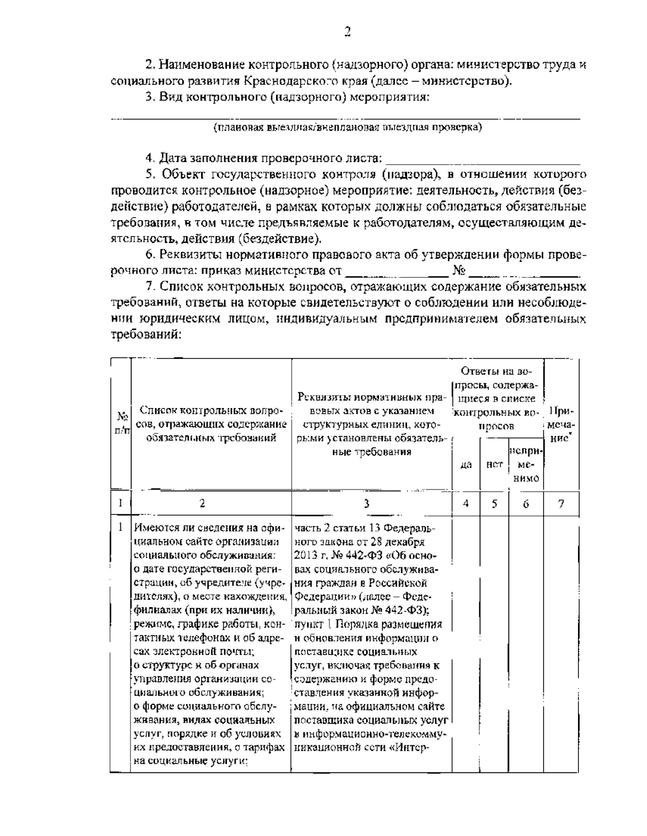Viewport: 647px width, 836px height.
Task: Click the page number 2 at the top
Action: click(347, 31)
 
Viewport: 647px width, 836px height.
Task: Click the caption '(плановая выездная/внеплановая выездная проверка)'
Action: click(347, 127)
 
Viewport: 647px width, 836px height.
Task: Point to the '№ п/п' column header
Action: click(122, 423)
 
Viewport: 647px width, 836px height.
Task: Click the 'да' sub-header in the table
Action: click(466, 464)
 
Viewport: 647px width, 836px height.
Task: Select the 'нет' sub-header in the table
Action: click(494, 464)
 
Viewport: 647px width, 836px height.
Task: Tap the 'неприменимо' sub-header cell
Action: click(526, 464)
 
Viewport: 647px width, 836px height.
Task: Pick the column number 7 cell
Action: click(561, 504)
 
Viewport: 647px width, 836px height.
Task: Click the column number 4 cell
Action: click(466, 504)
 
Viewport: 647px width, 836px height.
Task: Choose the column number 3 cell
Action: click(367, 504)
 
